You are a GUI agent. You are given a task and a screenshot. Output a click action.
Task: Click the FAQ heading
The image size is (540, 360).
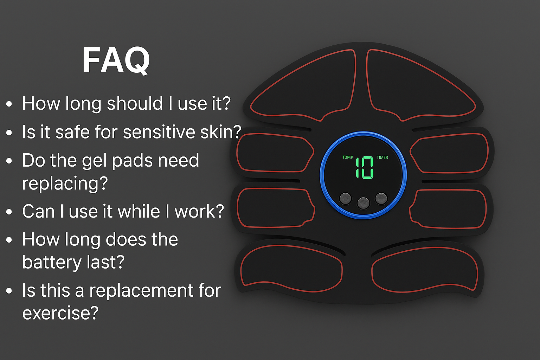(116, 60)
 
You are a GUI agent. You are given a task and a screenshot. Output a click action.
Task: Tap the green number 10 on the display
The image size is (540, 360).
(365, 168)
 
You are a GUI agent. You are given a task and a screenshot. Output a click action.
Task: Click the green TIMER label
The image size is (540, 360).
(382, 157)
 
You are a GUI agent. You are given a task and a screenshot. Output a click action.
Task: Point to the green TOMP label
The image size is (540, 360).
(348, 157)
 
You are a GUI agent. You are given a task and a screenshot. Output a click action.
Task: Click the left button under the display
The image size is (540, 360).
(346, 199)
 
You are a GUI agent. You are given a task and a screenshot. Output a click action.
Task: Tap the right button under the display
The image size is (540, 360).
(381, 198)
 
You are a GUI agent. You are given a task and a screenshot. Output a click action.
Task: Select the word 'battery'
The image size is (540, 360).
(52, 262)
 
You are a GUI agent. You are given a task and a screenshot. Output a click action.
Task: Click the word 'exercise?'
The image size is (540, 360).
(60, 313)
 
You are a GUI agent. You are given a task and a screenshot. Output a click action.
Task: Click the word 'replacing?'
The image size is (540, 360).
(65, 184)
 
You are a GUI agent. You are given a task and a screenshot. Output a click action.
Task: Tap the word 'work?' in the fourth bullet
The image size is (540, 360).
(199, 211)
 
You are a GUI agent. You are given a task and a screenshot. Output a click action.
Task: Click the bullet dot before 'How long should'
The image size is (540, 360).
(9, 104)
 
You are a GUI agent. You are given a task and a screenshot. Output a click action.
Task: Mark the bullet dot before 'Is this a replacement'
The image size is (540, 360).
(9, 291)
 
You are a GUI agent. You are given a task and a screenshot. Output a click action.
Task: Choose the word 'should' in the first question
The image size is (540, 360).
(135, 103)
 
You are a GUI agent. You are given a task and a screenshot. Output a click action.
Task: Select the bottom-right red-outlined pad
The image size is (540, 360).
(425, 269)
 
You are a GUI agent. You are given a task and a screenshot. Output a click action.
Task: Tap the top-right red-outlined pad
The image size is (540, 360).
(421, 85)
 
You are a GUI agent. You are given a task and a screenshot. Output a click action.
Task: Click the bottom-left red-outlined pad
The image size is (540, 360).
(291, 268)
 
